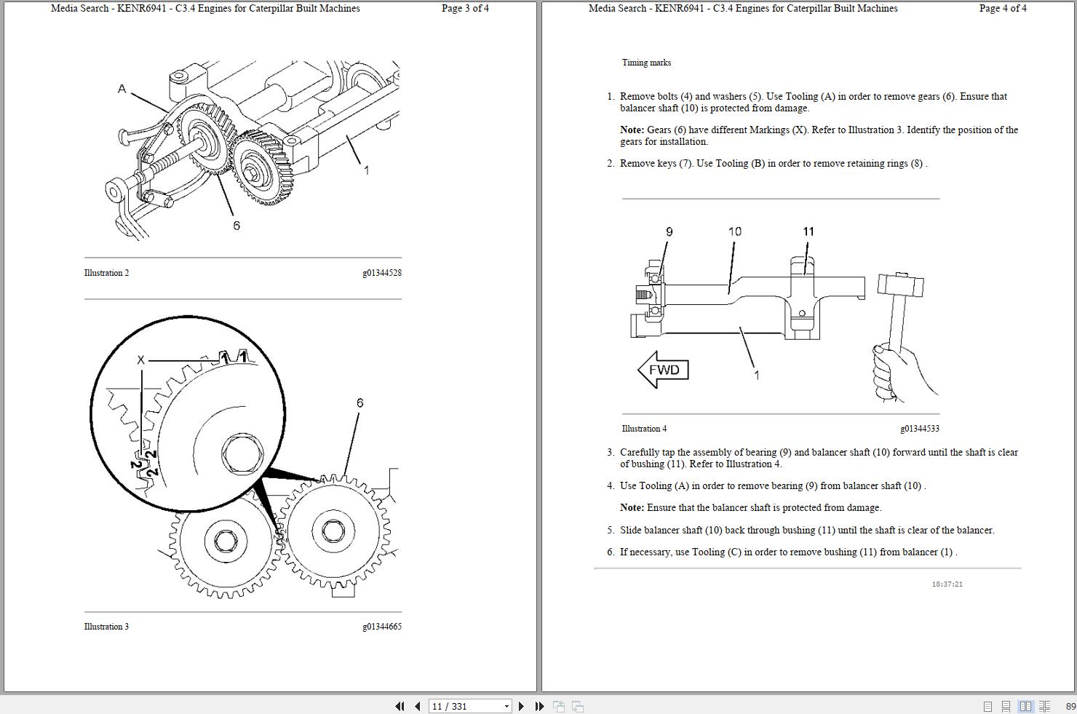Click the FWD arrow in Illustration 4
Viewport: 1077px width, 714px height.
coord(663,370)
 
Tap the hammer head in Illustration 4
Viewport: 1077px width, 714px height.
coord(900,284)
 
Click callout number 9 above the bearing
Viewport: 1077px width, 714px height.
coord(669,231)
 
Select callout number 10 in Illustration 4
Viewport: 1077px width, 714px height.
coord(734,231)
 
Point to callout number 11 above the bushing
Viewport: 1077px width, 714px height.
coord(808,231)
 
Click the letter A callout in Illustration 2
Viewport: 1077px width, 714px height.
coord(122,89)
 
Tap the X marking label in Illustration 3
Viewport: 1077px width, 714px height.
coord(140,360)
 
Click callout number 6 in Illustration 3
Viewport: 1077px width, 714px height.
coord(359,402)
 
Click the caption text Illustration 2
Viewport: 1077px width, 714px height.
coord(106,273)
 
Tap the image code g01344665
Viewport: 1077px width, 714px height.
coord(381,627)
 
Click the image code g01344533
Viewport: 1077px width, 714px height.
coord(919,429)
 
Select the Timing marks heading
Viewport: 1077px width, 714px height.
coord(646,63)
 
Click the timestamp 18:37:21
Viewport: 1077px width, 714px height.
coord(947,584)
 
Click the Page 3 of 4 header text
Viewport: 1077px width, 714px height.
coord(465,9)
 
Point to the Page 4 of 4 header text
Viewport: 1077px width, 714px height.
coord(1003,9)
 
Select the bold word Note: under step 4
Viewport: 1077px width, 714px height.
coord(632,507)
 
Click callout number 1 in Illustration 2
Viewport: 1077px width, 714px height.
coord(366,170)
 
